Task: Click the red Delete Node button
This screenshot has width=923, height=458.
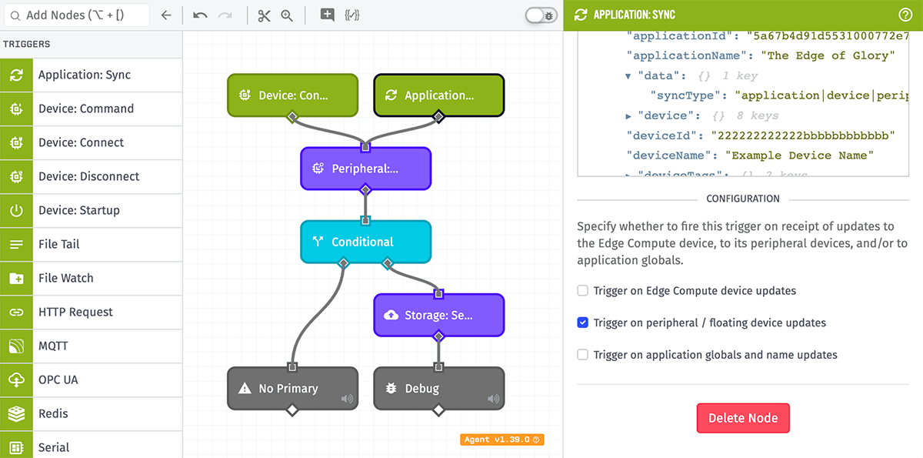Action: point(742,418)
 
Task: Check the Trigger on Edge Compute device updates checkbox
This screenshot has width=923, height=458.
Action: point(583,291)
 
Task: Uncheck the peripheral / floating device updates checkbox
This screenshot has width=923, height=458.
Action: point(583,323)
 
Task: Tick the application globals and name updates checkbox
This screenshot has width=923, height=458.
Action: point(583,355)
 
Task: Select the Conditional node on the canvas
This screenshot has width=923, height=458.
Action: point(365,242)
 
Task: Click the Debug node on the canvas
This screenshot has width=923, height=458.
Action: point(438,389)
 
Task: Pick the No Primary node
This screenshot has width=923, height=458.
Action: point(292,389)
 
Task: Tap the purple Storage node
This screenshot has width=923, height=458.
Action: point(438,315)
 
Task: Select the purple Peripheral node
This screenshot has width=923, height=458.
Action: point(365,169)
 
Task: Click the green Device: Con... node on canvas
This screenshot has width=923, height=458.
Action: point(292,95)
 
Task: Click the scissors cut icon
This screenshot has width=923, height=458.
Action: point(265,15)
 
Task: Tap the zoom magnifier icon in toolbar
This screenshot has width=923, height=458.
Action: point(287,15)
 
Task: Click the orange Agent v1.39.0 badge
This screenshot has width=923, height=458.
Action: point(503,440)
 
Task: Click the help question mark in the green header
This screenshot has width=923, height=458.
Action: point(905,15)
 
